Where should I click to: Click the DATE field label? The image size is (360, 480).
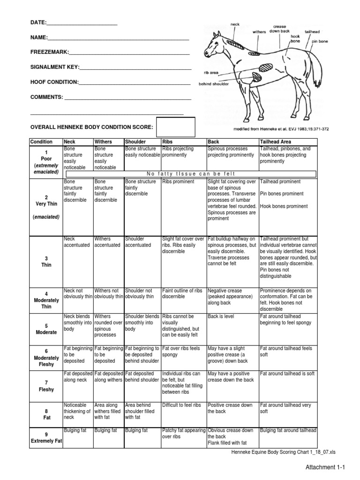[38, 22]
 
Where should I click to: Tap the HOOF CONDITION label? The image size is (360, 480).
[54, 82]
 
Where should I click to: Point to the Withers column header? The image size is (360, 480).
[104, 142]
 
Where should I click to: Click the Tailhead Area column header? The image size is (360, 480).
[276, 142]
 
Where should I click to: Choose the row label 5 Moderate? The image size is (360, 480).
[46, 329]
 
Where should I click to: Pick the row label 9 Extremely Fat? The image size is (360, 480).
[46, 438]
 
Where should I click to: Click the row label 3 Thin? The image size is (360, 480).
[46, 262]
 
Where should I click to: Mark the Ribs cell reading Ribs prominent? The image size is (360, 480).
[175, 181]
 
